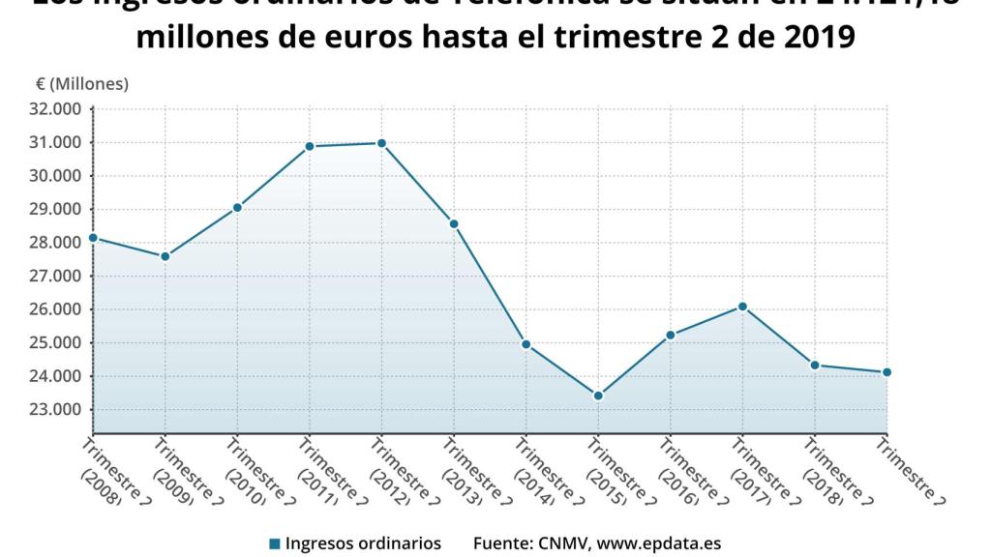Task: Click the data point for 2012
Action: pyautogui.click(x=381, y=143)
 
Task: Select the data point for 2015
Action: pyautogui.click(x=598, y=396)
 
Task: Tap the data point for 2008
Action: pyautogui.click(x=93, y=238)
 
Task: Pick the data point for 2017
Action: pyautogui.click(x=742, y=307)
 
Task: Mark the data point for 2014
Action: pyautogui.click(x=526, y=344)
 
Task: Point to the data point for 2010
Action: pyautogui.click(x=237, y=208)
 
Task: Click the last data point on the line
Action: pyautogui.click(x=886, y=372)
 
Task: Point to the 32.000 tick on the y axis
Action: pyautogui.click(x=56, y=109)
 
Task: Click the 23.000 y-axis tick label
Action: pyautogui.click(x=56, y=410)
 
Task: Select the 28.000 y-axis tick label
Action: pyautogui.click(x=56, y=243)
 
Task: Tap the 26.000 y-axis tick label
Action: pyautogui.click(x=56, y=309)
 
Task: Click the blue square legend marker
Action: pyautogui.click(x=275, y=543)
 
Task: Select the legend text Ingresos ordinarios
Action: pyautogui.click(x=363, y=543)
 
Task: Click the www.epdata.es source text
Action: pyautogui.click(x=659, y=543)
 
